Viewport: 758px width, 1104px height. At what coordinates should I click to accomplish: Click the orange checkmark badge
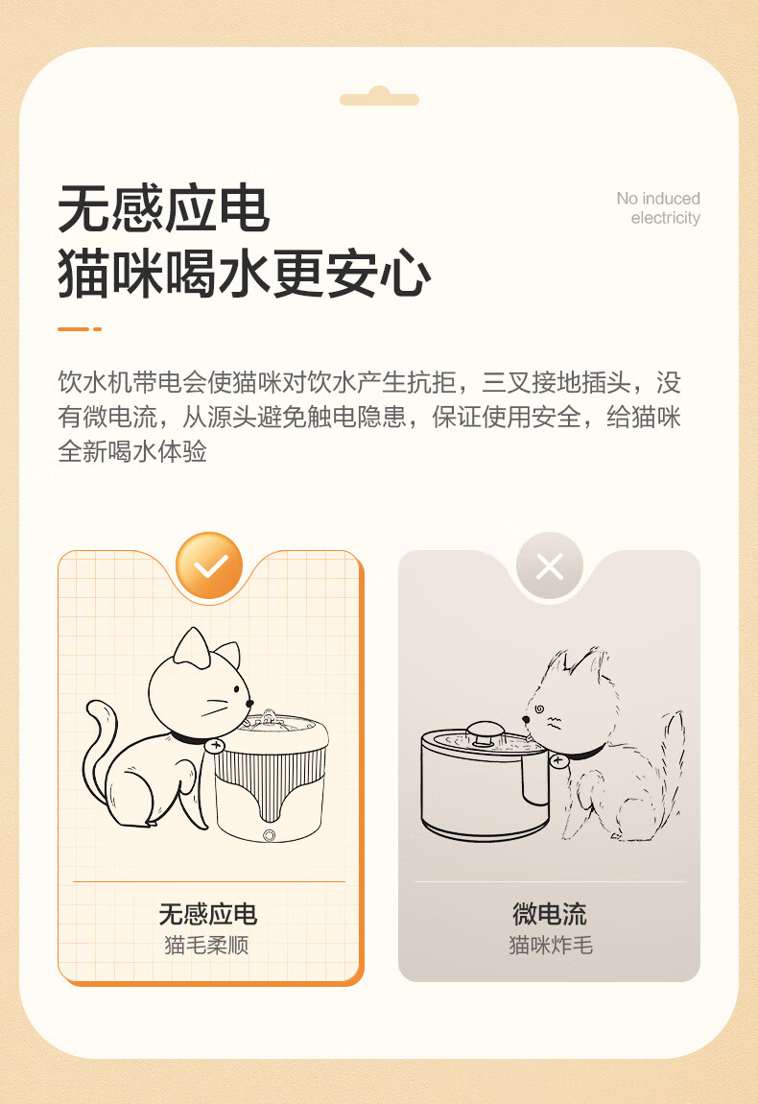tap(209, 565)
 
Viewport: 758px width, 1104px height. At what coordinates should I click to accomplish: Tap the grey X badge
tap(550, 565)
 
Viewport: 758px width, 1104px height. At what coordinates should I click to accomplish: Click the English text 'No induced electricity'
tap(658, 208)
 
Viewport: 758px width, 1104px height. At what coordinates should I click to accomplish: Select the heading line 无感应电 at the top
tap(164, 209)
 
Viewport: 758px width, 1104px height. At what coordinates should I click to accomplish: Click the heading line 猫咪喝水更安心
tap(245, 274)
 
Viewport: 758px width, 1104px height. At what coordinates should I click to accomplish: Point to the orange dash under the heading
tap(80, 329)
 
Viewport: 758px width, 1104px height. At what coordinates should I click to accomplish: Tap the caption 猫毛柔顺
tap(206, 945)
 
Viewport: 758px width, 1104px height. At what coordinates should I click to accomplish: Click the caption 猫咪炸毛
tap(551, 945)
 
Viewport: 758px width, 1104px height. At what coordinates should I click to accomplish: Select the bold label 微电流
tap(550, 914)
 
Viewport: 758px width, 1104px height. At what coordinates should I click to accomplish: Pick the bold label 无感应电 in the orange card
tap(207, 914)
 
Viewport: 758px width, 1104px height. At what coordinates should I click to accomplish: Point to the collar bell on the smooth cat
tap(214, 745)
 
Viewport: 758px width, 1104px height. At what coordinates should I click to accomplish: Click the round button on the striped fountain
tap(269, 835)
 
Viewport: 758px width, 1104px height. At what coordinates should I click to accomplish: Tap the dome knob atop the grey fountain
tap(485, 732)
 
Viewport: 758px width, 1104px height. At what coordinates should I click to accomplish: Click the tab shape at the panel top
tap(379, 96)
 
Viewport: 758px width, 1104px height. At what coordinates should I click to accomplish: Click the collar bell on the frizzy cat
tap(559, 761)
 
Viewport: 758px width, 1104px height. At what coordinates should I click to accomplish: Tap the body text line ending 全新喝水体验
tap(132, 451)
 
